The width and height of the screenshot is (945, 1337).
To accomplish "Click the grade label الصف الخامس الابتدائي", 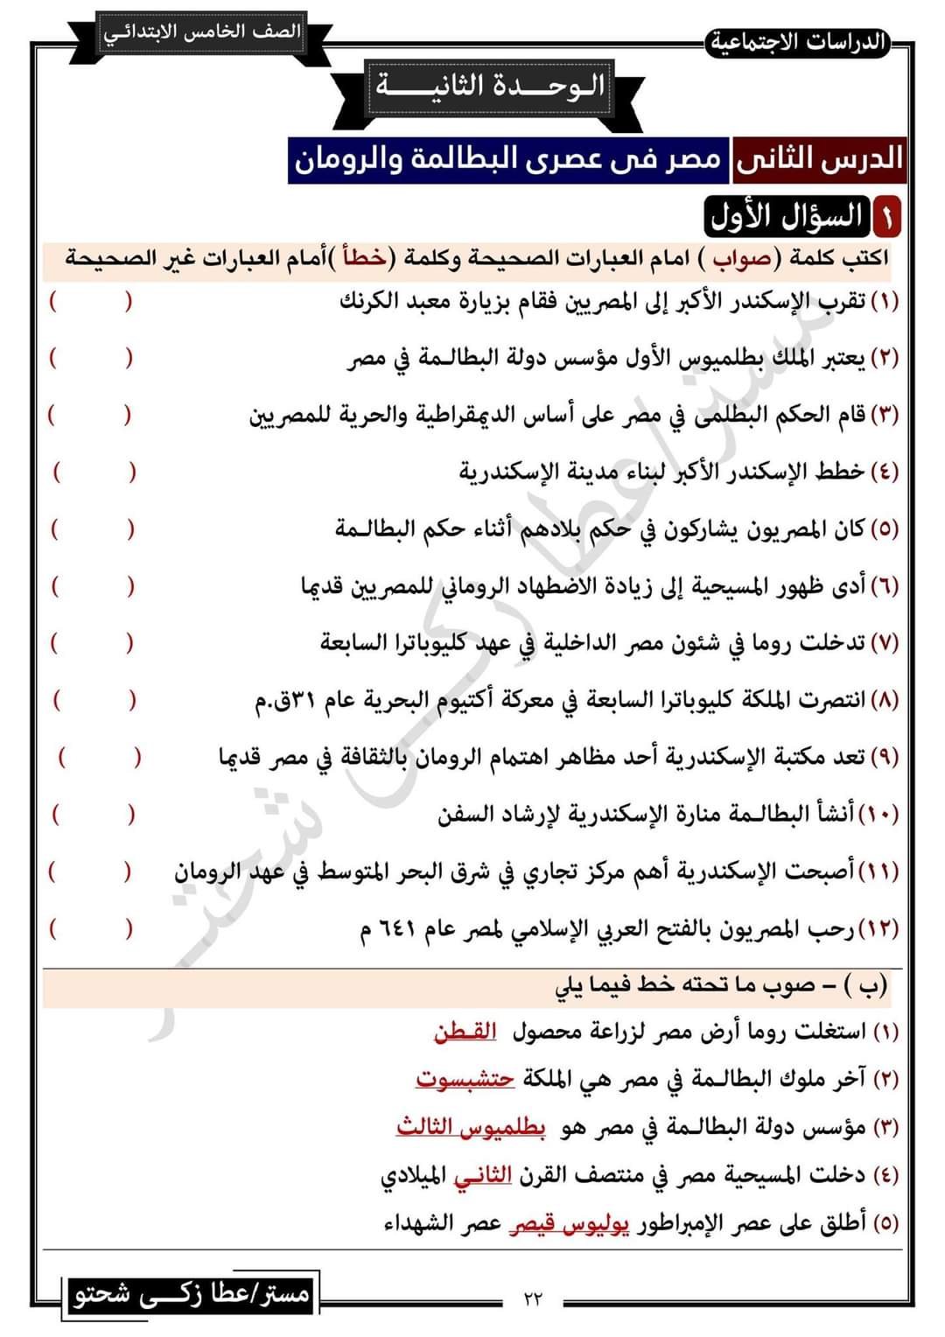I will coord(201,33).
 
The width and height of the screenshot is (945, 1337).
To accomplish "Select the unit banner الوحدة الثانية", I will coord(490,87).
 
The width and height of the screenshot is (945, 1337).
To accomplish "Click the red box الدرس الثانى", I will coord(819,159).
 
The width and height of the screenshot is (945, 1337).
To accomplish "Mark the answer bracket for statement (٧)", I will coord(92,644).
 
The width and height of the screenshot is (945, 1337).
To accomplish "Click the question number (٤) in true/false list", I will coord(885,472).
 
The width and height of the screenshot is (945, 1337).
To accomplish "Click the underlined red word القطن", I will coord(465,1032).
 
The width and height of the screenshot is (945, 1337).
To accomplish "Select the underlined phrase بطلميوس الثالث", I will coord(471,1127).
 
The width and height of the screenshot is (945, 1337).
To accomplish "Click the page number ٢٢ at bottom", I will coord(533,1298).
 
